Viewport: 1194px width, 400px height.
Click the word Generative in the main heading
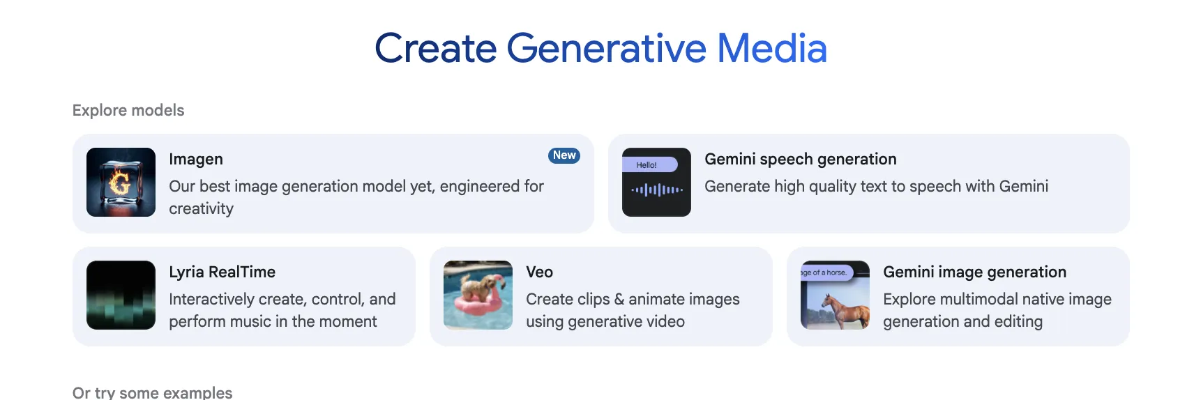coord(606,49)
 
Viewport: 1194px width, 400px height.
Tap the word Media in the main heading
coord(772,49)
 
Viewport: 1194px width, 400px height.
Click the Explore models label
coord(128,110)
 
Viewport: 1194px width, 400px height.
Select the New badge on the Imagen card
coord(564,155)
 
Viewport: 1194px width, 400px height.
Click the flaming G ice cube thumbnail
coord(121,182)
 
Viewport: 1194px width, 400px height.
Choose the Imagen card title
coord(195,160)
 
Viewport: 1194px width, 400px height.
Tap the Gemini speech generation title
coord(801,160)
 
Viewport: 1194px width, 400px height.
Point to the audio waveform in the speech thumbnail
coord(657,189)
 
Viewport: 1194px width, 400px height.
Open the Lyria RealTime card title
coord(222,272)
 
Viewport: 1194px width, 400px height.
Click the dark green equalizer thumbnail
coord(121,295)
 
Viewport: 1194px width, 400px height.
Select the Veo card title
coord(539,272)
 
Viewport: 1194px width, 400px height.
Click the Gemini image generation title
coord(975,272)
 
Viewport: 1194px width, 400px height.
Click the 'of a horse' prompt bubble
coord(826,272)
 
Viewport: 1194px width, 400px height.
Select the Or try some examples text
coord(153,393)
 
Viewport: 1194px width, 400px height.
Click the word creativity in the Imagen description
coord(202,209)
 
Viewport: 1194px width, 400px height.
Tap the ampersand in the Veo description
coord(619,300)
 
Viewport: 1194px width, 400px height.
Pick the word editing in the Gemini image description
coord(1019,322)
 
